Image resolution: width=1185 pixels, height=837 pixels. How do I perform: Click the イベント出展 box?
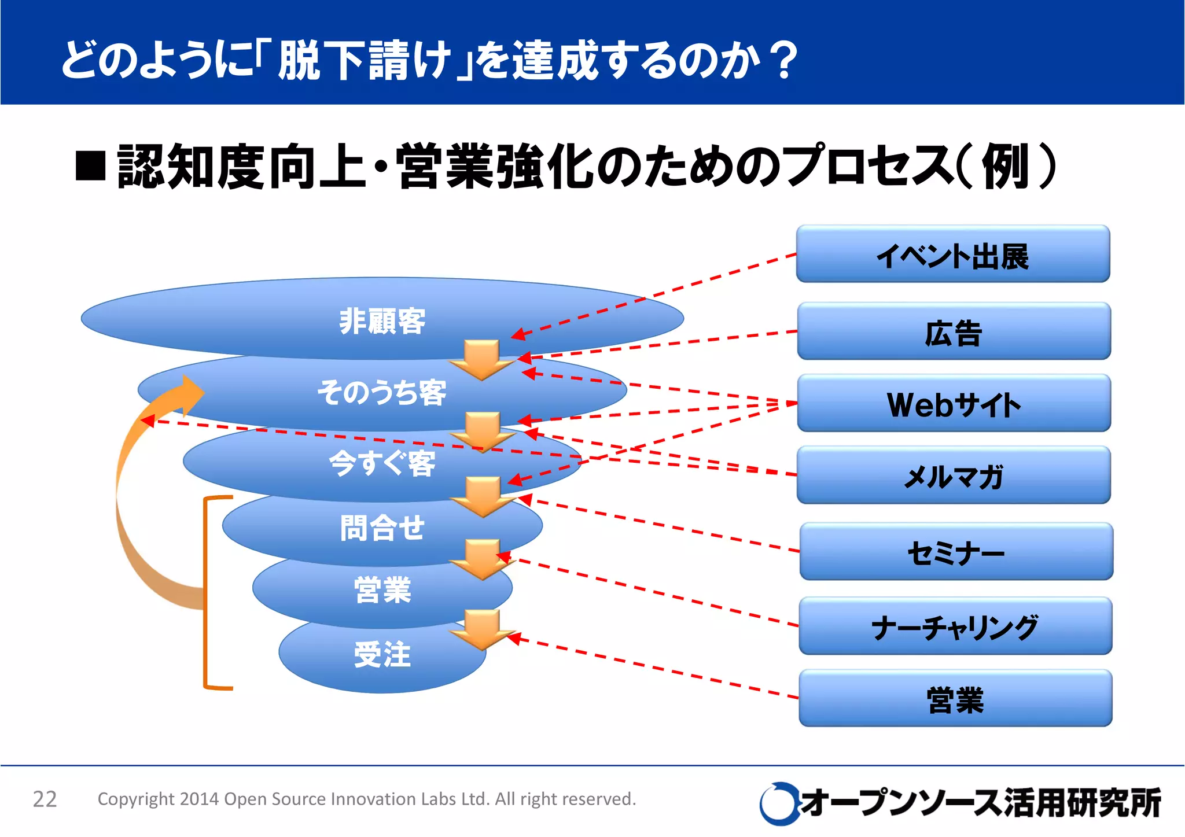[x=952, y=255]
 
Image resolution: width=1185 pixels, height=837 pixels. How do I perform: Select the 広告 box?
[x=954, y=331]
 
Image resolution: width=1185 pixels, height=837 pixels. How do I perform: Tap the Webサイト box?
[x=954, y=404]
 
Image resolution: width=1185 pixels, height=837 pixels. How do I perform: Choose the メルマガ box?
[x=954, y=475]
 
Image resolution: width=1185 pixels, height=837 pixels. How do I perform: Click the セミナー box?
[x=956, y=552]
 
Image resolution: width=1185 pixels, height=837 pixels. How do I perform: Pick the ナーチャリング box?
[x=955, y=626]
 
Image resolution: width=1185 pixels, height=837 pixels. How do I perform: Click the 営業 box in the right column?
[x=955, y=699]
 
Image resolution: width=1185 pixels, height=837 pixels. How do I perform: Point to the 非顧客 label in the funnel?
[x=382, y=321]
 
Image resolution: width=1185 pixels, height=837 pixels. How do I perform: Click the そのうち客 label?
[x=382, y=392]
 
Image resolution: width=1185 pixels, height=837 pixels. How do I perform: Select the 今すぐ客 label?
[x=382, y=463]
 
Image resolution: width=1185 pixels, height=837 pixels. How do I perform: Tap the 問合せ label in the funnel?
[x=382, y=528]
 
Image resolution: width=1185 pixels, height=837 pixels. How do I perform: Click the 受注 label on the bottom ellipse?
[x=382, y=654]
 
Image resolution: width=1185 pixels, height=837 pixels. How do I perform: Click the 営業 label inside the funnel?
[x=382, y=590]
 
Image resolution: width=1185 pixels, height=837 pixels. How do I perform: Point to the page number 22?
[x=45, y=799]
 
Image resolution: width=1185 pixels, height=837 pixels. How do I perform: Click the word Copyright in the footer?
[x=135, y=799]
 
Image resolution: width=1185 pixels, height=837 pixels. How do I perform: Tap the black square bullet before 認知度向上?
[x=91, y=166]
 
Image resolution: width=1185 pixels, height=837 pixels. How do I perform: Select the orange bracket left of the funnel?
[x=206, y=593]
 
